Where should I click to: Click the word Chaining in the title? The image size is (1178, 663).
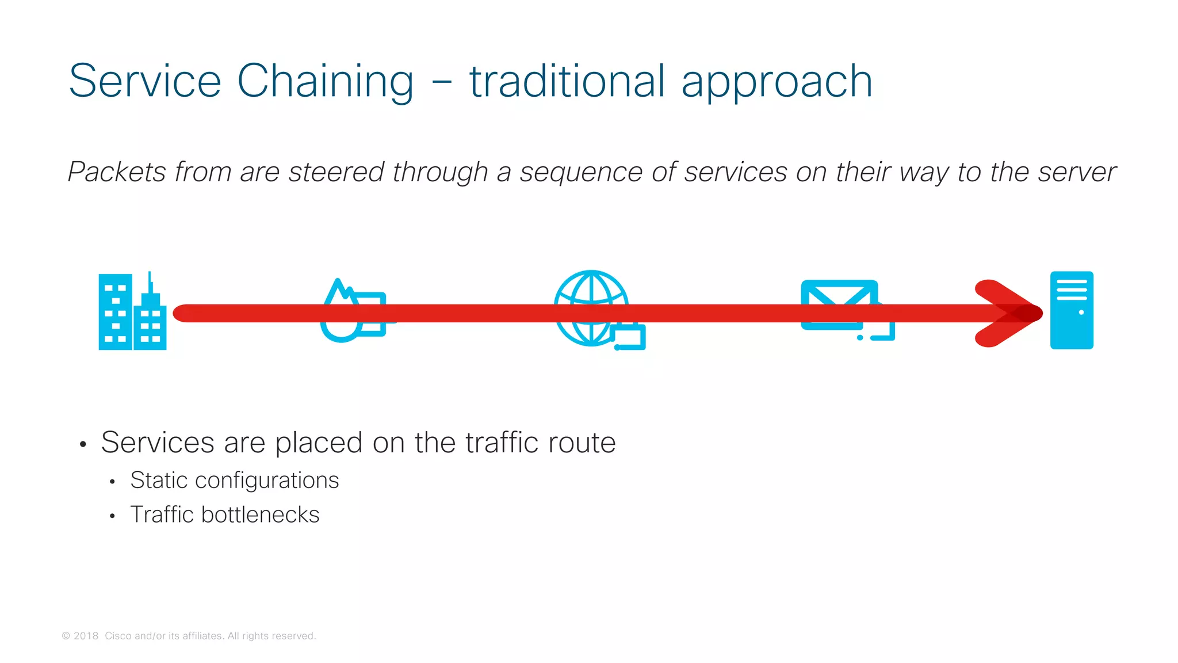click(325, 81)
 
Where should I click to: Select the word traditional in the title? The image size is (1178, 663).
click(567, 81)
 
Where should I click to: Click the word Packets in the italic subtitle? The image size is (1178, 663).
click(117, 172)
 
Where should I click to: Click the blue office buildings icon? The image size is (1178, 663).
click(132, 311)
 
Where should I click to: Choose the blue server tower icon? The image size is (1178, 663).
click(1072, 310)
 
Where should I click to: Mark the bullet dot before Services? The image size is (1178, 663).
click(83, 444)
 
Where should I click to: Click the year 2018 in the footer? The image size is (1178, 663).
click(86, 636)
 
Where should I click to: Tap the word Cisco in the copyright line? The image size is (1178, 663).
click(118, 636)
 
